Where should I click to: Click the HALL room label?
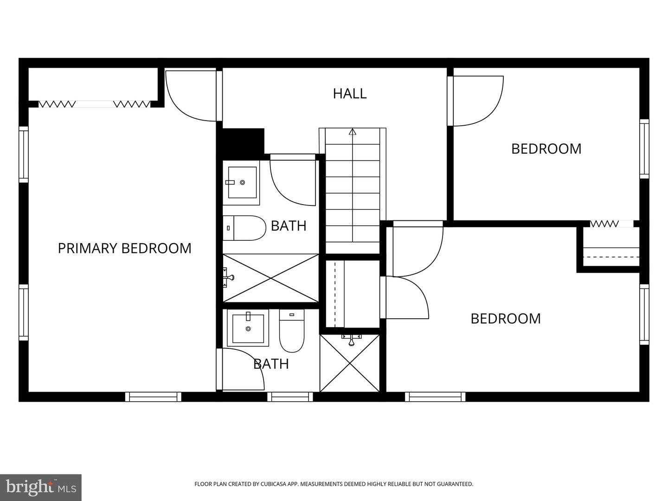[x=350, y=93]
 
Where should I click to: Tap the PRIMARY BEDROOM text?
[x=124, y=248]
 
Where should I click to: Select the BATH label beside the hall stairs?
[x=289, y=226]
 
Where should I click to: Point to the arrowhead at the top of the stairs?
[x=353, y=132]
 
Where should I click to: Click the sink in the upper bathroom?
[x=242, y=182]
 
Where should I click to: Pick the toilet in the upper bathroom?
[x=244, y=228]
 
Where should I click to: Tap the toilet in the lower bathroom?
[x=292, y=330]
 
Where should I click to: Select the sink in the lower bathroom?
[x=248, y=328]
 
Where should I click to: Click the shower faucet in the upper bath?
[x=229, y=277]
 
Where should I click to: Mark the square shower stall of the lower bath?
[x=350, y=363]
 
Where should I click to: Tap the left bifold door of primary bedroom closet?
[x=57, y=104]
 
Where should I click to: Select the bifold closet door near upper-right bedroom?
[x=604, y=224]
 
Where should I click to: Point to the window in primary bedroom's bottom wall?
[x=153, y=397]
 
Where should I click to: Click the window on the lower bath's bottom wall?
[x=290, y=397]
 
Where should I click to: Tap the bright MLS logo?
[x=41, y=487]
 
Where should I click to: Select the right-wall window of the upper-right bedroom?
[x=644, y=148]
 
